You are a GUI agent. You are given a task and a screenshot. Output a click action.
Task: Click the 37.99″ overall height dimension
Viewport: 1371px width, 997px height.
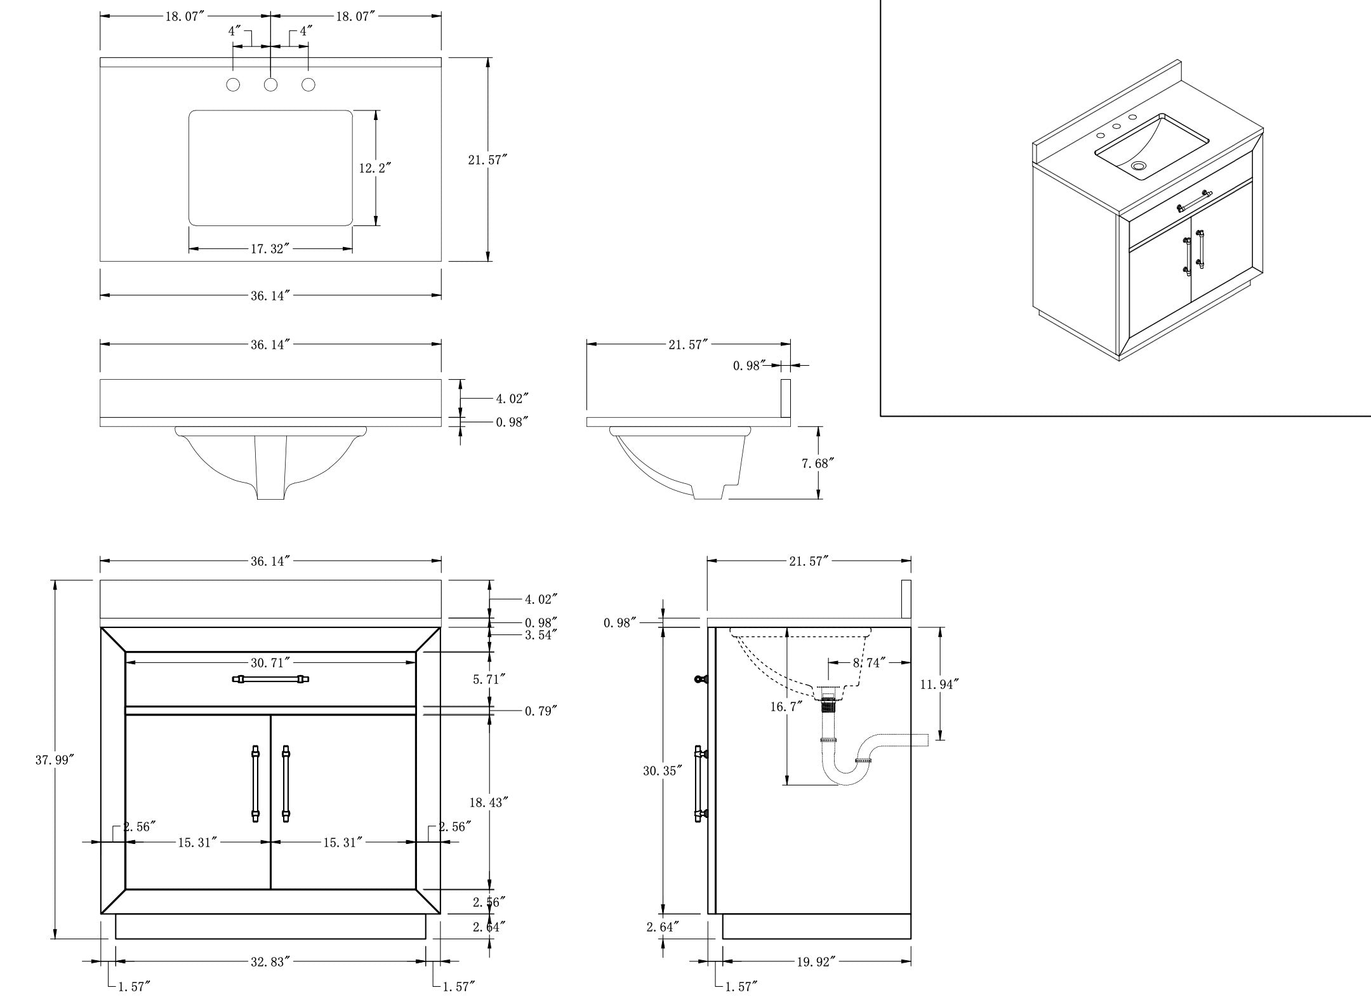click(55, 759)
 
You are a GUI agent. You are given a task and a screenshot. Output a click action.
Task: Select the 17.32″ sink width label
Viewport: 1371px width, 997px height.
click(270, 249)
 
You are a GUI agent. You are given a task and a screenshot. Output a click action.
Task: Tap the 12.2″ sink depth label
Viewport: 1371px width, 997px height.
click(374, 168)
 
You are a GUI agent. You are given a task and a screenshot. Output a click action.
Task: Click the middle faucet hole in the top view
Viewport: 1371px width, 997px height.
click(271, 84)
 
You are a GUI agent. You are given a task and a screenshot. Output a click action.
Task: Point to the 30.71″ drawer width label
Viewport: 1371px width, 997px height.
click(270, 663)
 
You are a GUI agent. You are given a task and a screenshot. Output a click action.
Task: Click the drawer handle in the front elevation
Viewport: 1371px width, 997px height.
click(271, 679)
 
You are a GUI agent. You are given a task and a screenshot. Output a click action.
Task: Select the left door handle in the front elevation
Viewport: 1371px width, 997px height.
click(256, 784)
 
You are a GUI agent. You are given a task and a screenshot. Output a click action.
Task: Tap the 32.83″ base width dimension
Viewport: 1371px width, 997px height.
click(270, 962)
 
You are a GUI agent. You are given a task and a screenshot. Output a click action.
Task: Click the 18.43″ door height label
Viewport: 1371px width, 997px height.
click(489, 803)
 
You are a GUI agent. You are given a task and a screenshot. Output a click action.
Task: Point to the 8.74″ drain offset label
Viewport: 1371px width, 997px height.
click(868, 663)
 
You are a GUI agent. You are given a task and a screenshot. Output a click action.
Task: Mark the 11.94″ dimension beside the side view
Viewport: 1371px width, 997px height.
click(939, 684)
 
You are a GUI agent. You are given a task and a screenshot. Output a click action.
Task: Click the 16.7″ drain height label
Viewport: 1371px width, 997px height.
click(786, 706)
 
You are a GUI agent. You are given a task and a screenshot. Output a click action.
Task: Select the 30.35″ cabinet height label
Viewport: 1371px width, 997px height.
click(663, 771)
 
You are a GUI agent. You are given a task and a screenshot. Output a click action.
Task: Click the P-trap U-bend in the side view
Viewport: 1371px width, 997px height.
click(845, 774)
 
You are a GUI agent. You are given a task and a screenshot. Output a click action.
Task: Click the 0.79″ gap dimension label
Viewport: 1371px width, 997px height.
click(541, 711)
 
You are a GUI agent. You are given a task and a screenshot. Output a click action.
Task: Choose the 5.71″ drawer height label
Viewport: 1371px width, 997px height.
click(489, 679)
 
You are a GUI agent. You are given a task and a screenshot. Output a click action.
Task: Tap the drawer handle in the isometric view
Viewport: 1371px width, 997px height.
click(1195, 201)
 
